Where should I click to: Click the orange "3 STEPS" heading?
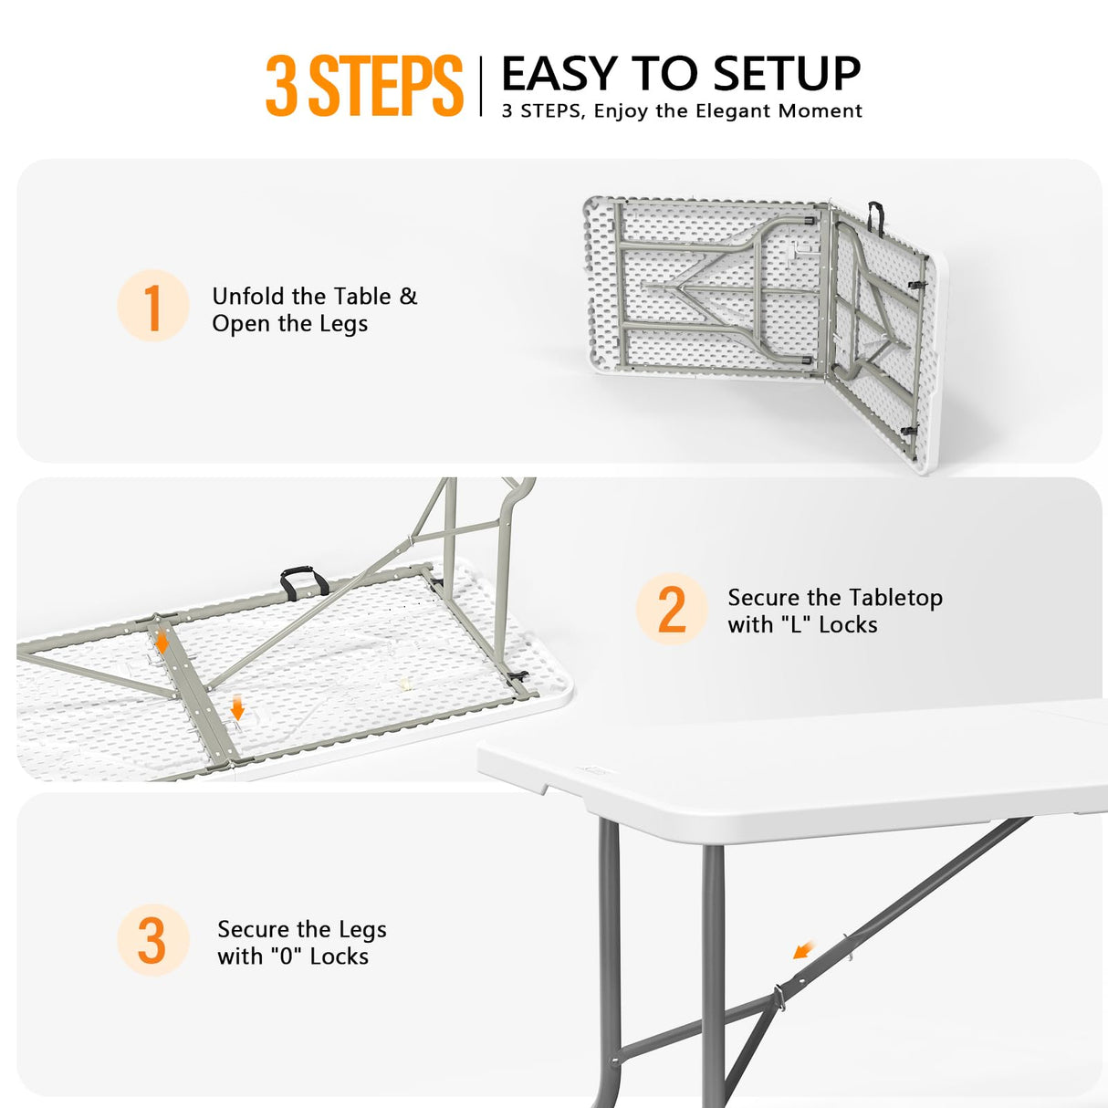point(364,86)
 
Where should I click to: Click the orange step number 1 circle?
point(153,306)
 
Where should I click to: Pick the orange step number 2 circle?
point(672,609)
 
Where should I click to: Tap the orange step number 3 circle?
point(153,940)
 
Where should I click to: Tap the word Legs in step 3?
point(362,931)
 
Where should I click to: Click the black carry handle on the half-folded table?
point(875,217)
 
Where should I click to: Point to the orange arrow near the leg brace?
point(804,950)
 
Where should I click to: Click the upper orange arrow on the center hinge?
point(162,641)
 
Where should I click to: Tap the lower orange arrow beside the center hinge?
point(237,707)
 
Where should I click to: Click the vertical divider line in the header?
point(481,86)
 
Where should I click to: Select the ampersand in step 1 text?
point(408,297)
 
